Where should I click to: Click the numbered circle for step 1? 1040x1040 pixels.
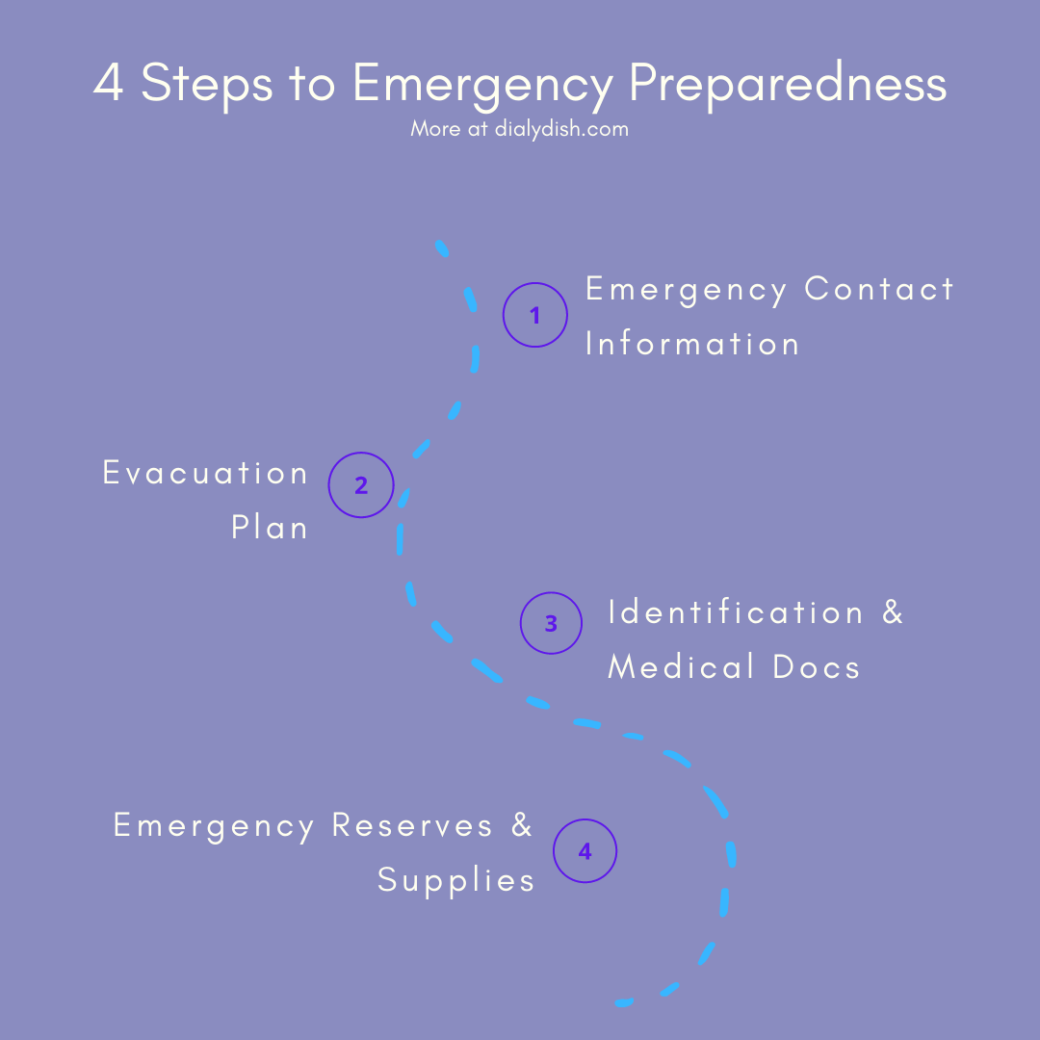tap(535, 315)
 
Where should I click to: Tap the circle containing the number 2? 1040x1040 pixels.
tap(361, 485)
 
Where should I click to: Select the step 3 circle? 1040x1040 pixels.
tap(551, 623)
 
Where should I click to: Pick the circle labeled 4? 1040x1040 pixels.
tap(585, 851)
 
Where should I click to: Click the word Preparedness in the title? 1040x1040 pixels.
tap(788, 85)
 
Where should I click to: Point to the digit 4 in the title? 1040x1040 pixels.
tap(109, 85)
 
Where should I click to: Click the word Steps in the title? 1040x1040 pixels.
tap(206, 85)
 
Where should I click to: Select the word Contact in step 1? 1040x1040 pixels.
tap(879, 289)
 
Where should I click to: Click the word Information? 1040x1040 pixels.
tap(692, 344)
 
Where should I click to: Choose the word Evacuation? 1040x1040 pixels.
tap(205, 473)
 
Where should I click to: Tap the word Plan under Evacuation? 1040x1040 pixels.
tap(270, 528)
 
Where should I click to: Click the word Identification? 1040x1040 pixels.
tap(736, 612)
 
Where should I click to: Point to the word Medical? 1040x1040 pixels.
tap(682, 666)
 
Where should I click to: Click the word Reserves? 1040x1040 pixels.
tap(412, 825)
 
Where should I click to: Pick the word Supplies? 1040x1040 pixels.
tap(455, 879)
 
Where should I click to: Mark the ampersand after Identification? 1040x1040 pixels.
tap(893, 612)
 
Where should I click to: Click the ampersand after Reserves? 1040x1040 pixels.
tap(522, 825)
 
